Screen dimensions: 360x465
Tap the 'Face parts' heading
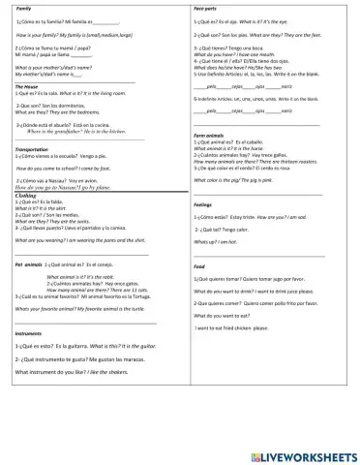[x=204, y=8]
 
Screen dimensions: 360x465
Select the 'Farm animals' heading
[x=209, y=135]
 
